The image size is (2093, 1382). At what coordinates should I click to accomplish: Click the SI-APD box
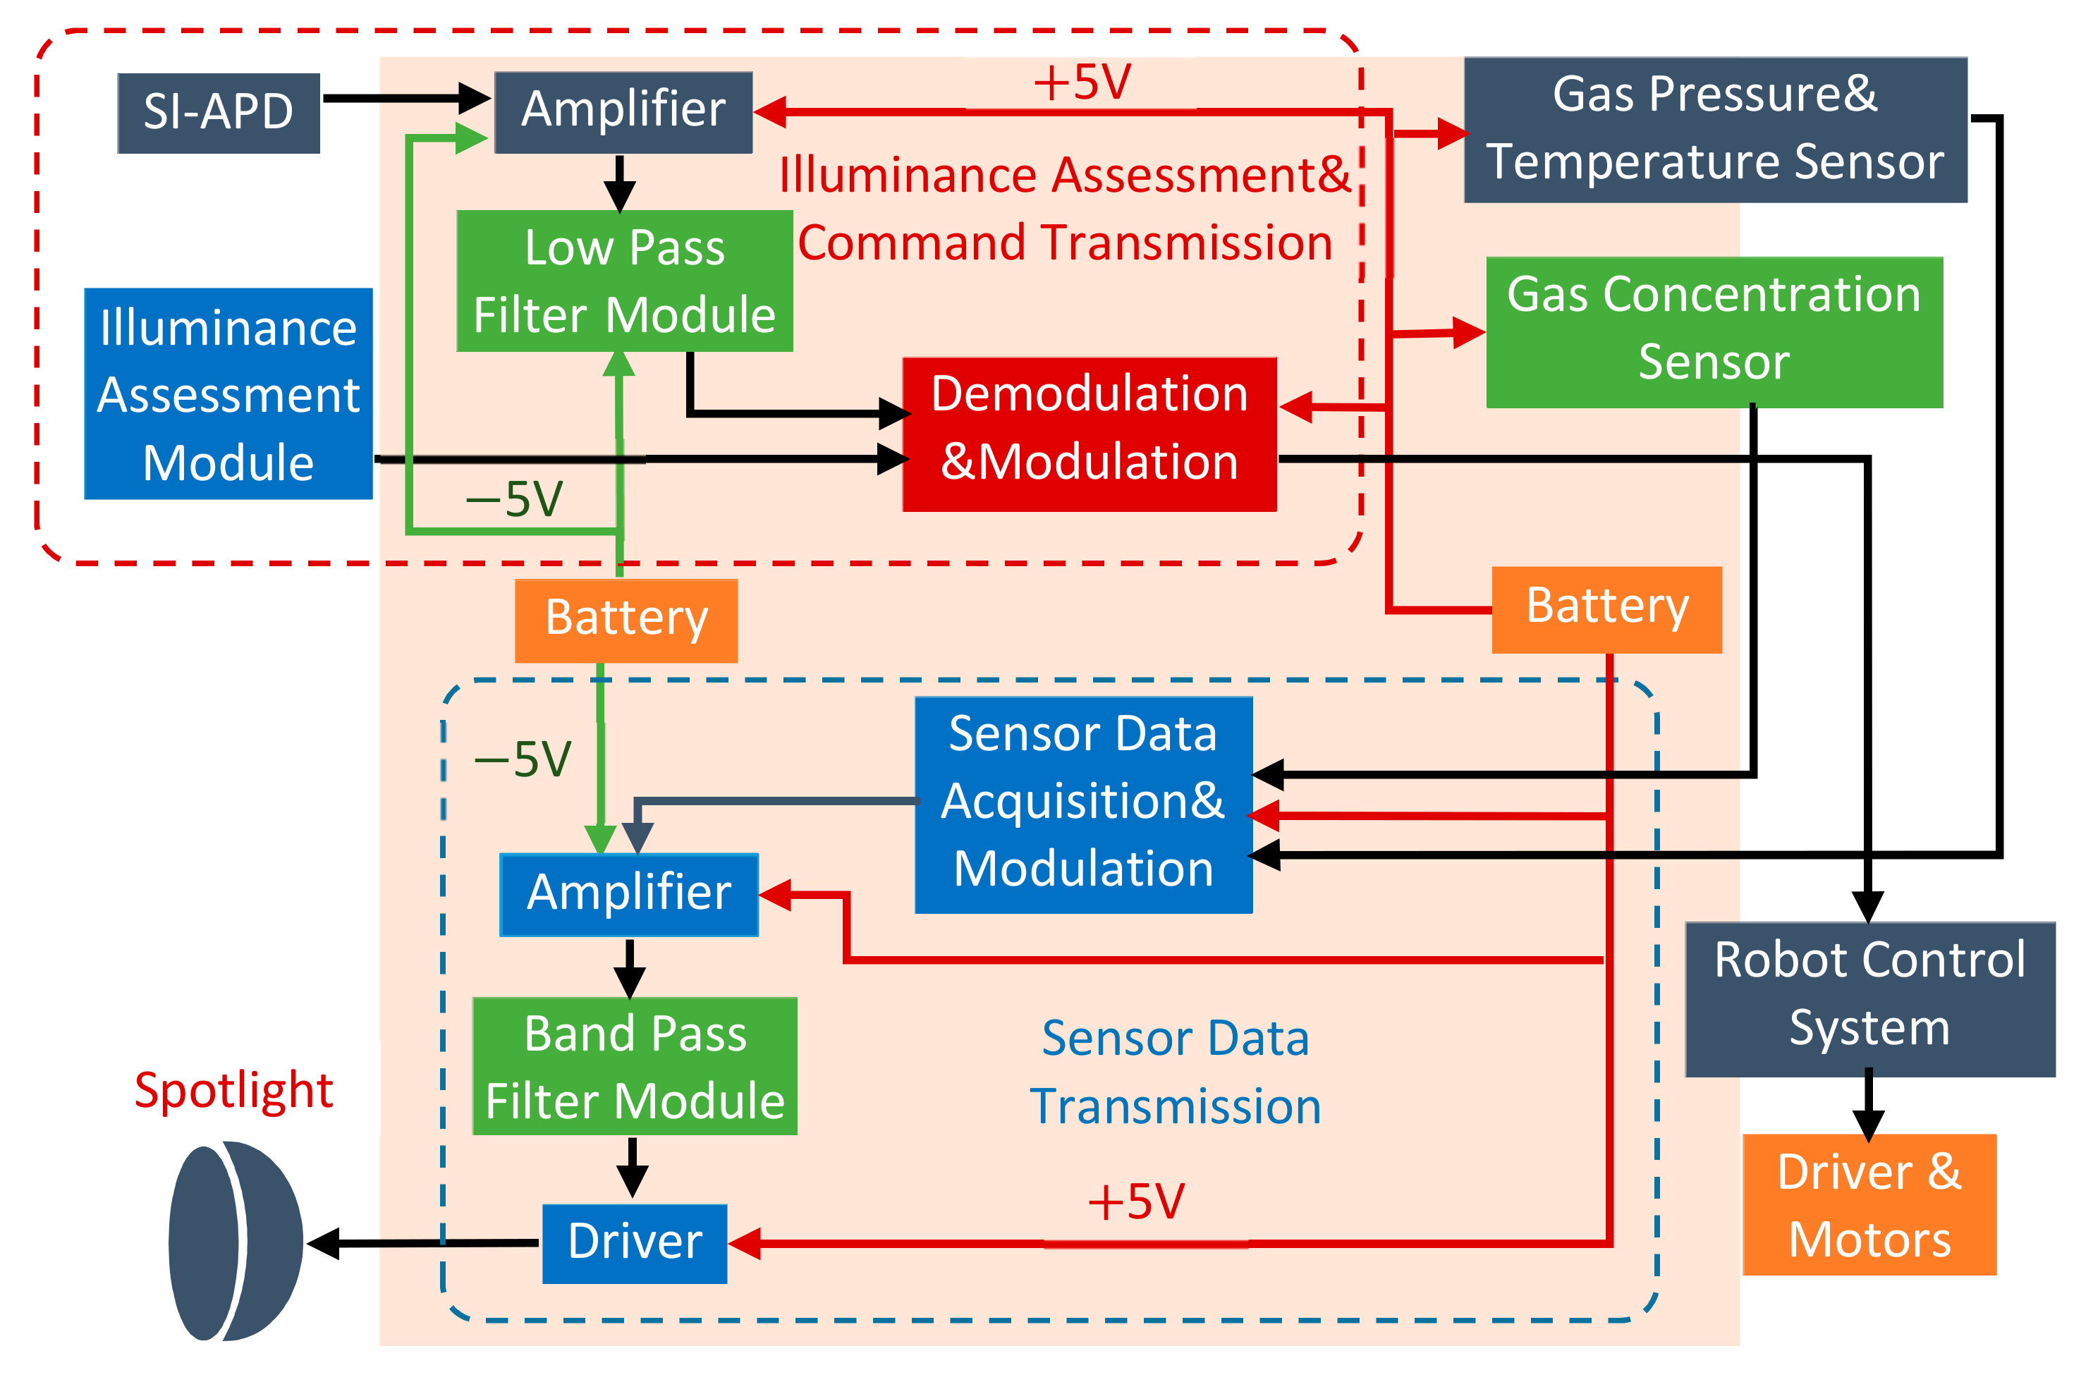point(219,113)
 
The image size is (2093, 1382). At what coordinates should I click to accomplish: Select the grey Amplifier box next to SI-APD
point(623,112)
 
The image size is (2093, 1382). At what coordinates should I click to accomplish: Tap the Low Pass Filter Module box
point(624,281)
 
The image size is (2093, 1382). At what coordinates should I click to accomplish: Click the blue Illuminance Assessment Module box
point(228,394)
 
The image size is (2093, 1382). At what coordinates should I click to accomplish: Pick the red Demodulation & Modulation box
point(1090,434)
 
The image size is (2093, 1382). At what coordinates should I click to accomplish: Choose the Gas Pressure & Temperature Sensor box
point(1715,130)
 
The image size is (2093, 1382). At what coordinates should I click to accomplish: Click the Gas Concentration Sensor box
point(1714,331)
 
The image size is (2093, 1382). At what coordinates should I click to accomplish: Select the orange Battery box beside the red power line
point(1606,609)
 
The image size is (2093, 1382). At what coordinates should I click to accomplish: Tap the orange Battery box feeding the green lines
point(626,620)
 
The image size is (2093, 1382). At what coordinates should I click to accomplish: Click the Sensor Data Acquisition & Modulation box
point(1083,804)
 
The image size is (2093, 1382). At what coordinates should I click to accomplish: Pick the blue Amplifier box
point(628,894)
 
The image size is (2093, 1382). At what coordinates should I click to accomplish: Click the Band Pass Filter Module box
point(635,1065)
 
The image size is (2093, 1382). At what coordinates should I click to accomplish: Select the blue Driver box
point(635,1242)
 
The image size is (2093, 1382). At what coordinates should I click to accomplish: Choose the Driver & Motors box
point(1869,1204)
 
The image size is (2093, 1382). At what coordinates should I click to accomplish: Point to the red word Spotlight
point(233,1090)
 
